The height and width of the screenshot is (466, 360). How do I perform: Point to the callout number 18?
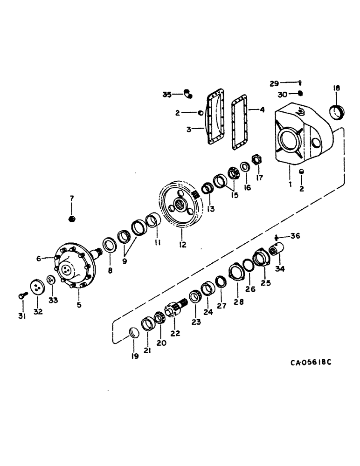pyautogui.click(x=336, y=88)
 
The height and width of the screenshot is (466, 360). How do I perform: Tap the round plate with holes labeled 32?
pyautogui.click(x=36, y=288)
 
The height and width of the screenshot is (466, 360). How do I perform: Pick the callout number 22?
pyautogui.click(x=175, y=334)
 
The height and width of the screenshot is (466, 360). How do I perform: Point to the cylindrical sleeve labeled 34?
pyautogui.click(x=277, y=251)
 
